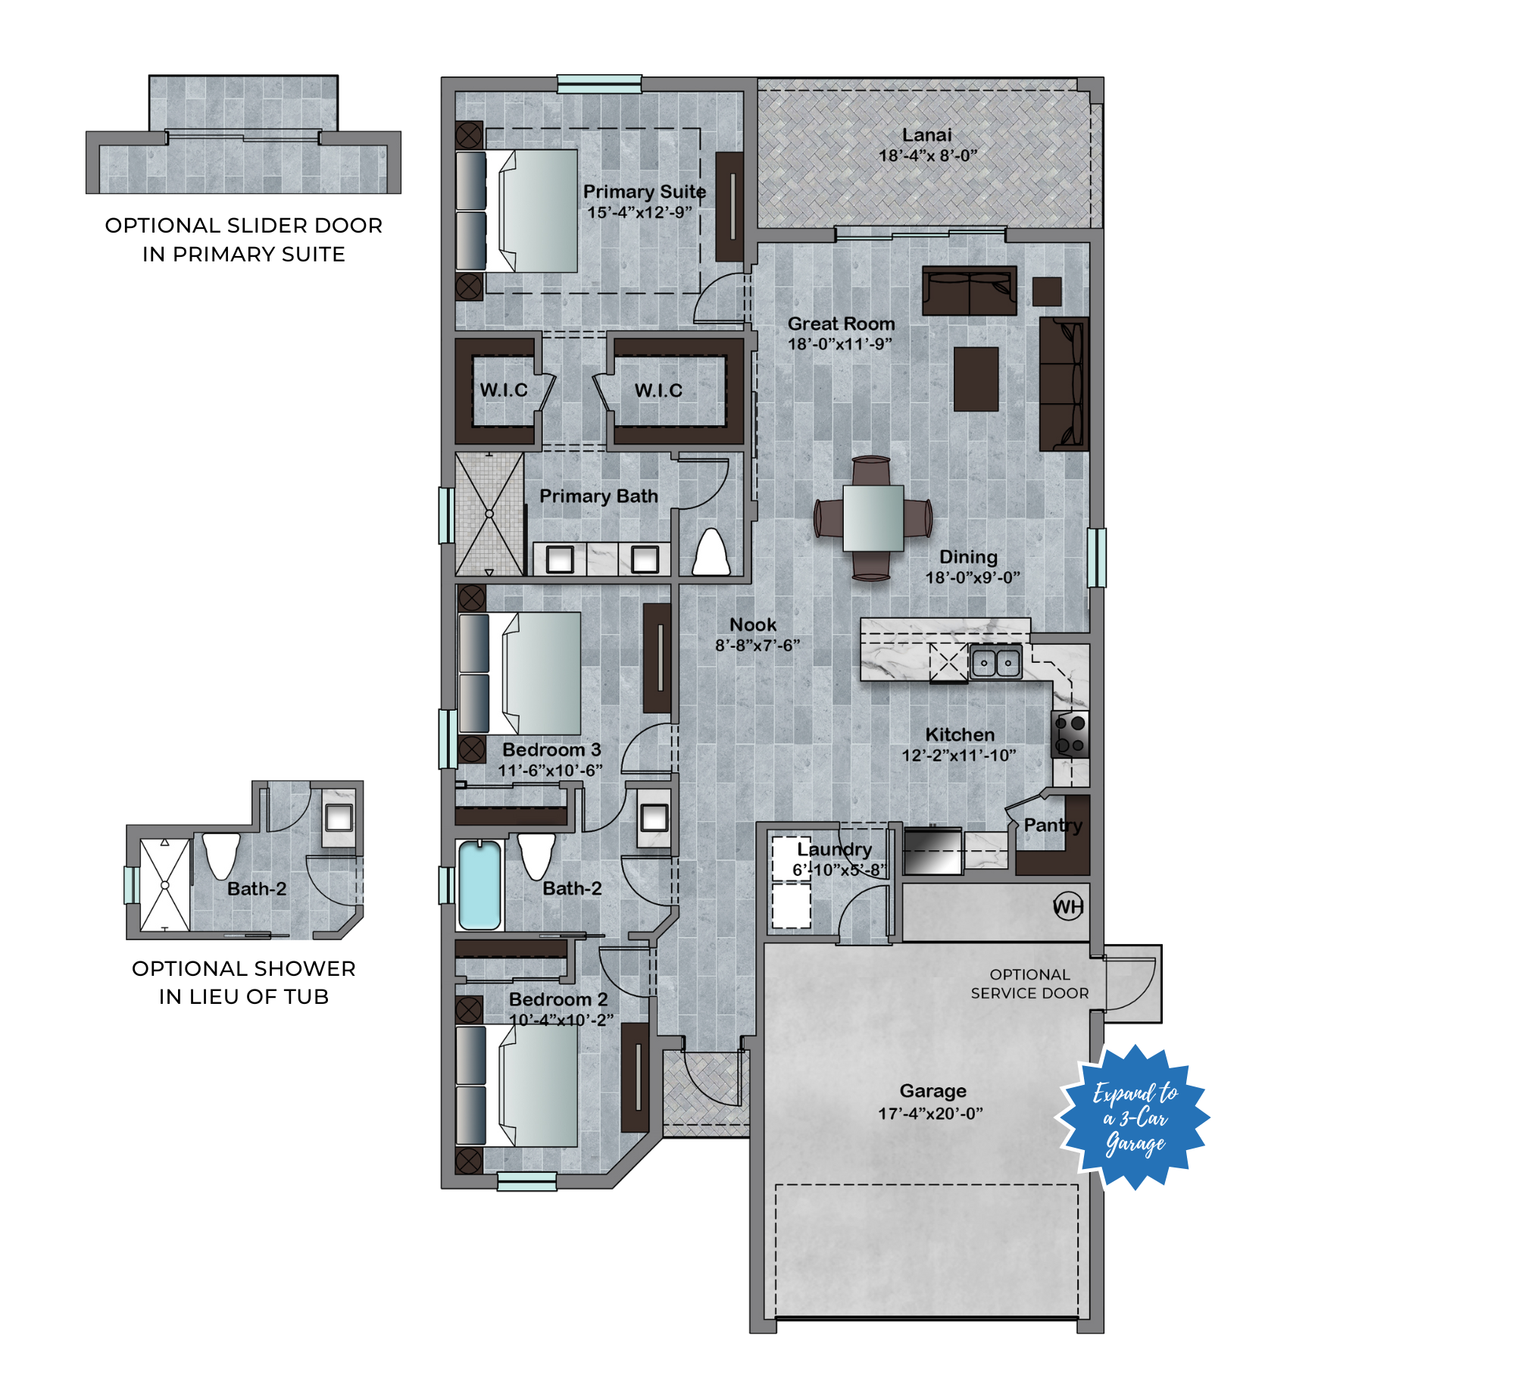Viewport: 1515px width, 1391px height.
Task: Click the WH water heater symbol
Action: tap(1068, 906)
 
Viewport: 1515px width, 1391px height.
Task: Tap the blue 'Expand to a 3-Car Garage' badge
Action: tap(1133, 1117)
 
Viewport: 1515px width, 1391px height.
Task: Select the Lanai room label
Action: tap(927, 135)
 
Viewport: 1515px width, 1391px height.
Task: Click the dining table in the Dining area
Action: tap(873, 518)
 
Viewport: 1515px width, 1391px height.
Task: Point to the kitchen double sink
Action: tap(995, 663)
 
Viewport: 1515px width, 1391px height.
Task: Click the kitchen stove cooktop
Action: tap(1070, 734)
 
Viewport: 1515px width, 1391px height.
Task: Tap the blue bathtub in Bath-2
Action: tap(480, 885)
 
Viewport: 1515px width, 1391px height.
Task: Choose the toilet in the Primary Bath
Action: tap(711, 552)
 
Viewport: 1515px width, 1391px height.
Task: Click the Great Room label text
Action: tap(841, 324)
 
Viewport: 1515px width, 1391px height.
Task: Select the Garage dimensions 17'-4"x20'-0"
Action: tap(930, 1113)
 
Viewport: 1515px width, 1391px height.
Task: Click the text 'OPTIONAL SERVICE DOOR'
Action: tap(1029, 983)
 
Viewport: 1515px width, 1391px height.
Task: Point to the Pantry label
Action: tap(1053, 825)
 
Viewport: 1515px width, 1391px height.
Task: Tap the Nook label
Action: tap(752, 624)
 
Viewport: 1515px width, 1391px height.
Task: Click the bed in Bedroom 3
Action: tap(520, 674)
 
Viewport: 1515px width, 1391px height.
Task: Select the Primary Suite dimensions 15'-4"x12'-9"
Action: tap(640, 212)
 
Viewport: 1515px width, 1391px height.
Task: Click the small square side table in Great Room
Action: tap(1047, 292)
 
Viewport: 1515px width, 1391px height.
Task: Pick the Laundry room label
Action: tap(834, 849)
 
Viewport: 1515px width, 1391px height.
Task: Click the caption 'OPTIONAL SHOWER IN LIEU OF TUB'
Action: tap(244, 982)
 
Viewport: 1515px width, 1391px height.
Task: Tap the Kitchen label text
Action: tap(960, 734)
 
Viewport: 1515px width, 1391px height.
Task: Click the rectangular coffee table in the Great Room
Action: tap(976, 379)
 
